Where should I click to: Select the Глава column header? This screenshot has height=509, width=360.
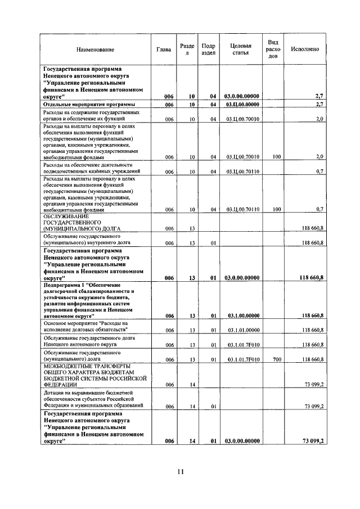[x=164, y=49]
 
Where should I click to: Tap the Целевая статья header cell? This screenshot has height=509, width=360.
[x=241, y=49]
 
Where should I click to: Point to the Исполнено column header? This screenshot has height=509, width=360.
[x=304, y=49]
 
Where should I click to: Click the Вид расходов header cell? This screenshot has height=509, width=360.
[x=273, y=49]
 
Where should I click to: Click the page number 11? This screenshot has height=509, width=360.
[x=179, y=471]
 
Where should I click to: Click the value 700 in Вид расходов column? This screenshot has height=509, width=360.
[x=276, y=359]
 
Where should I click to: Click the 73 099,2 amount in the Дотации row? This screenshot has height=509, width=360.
[x=313, y=406]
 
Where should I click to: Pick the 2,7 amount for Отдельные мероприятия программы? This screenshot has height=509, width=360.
[x=318, y=105]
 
